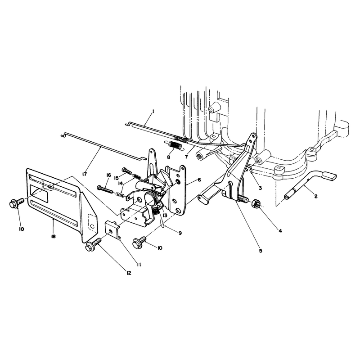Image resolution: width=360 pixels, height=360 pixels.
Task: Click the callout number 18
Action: coord(53,236)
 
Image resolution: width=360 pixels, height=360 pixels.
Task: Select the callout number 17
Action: coord(84,174)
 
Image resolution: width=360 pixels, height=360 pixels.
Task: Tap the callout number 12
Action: coord(129,273)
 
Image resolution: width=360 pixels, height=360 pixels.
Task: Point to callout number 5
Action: coord(261,251)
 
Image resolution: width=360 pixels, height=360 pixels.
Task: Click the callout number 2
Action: coord(316,196)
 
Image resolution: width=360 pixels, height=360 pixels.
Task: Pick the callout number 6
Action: coord(199,180)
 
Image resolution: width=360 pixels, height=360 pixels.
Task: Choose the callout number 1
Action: coord(153,112)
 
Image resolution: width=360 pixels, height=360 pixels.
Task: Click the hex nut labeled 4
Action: coord(256,203)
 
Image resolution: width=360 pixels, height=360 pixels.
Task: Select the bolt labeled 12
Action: coord(94,245)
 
